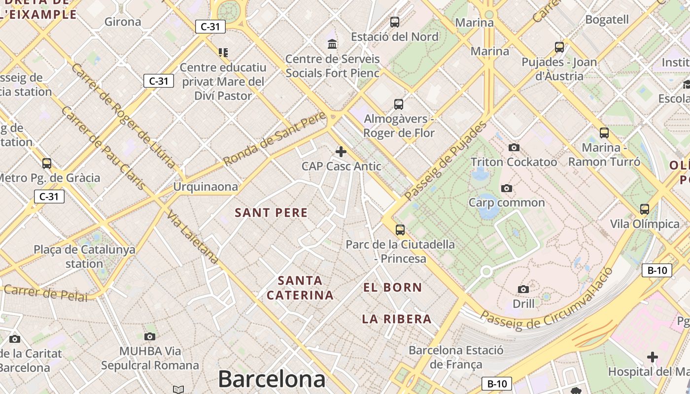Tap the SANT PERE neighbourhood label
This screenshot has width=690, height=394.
point(271,213)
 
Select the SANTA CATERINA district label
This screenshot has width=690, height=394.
point(300,288)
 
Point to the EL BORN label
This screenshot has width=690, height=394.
point(393,288)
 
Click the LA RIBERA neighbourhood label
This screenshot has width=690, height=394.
point(397,319)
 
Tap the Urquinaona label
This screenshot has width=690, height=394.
point(205,187)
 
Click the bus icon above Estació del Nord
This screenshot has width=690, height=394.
point(395,22)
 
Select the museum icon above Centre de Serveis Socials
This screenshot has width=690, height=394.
point(333,44)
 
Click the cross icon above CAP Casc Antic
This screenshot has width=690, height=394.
point(341,151)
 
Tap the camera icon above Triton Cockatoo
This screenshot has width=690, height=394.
point(514,147)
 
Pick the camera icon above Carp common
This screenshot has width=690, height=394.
point(506,188)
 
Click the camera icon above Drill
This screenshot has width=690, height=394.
point(523,289)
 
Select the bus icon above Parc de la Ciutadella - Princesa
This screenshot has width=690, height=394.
point(400,230)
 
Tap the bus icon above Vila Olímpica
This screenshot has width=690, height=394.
point(645,209)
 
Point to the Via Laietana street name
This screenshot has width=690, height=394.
point(192,237)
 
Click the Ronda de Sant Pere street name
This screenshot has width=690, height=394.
point(275,138)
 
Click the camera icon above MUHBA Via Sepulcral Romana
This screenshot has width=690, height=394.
point(150,336)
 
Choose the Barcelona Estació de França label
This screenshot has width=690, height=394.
point(456,358)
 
